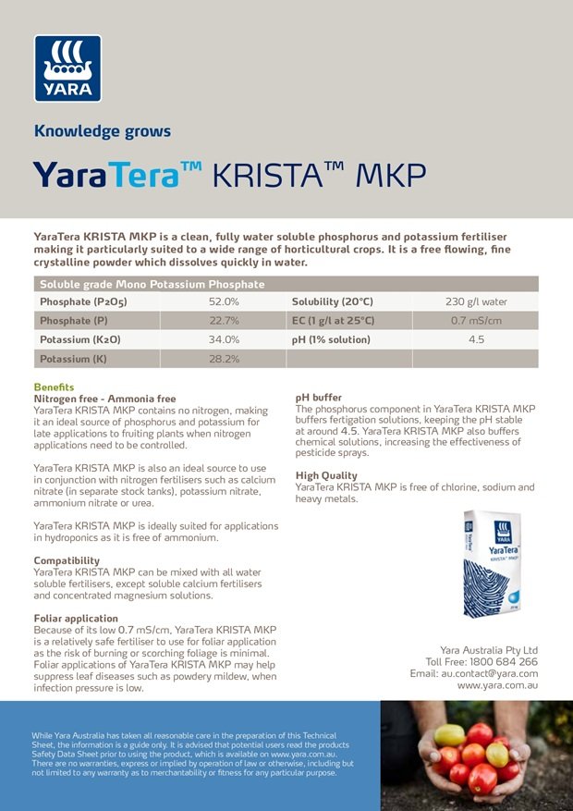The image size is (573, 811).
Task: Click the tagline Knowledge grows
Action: [103, 130]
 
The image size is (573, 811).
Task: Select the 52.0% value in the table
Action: [224, 301]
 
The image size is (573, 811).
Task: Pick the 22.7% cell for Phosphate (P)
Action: [224, 320]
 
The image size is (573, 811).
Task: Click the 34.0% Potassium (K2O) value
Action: [224, 339]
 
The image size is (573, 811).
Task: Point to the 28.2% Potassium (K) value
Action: [224, 359]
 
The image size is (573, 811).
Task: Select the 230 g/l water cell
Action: [476, 301]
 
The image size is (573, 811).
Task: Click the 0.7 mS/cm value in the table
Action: [476, 320]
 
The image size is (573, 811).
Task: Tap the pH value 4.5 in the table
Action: [476, 339]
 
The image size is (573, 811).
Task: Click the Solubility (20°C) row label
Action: [332, 301]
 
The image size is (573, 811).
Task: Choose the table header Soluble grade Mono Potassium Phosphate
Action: [152, 284]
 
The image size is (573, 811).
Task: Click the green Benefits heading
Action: [54, 387]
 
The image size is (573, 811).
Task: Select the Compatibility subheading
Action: [67, 560]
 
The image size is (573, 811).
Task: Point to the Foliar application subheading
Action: [76, 618]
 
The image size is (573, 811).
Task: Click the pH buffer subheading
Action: [318, 397]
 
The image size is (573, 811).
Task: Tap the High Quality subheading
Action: [326, 475]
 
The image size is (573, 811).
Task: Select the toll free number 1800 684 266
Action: [504, 662]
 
